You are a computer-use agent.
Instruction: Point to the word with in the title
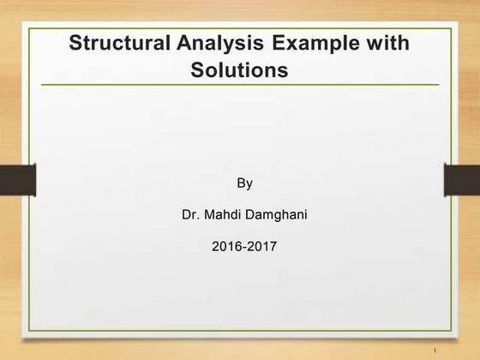point(388,43)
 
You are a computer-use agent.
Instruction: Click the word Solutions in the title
point(240,69)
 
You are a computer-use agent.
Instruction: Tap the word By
point(244,183)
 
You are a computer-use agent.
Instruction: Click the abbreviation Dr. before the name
point(189,214)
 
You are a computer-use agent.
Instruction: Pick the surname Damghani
point(275,214)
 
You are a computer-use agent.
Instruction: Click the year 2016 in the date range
point(225,246)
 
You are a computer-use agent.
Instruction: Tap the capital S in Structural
point(75,43)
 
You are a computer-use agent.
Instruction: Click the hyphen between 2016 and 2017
point(243,247)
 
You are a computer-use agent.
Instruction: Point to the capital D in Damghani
point(248,214)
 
